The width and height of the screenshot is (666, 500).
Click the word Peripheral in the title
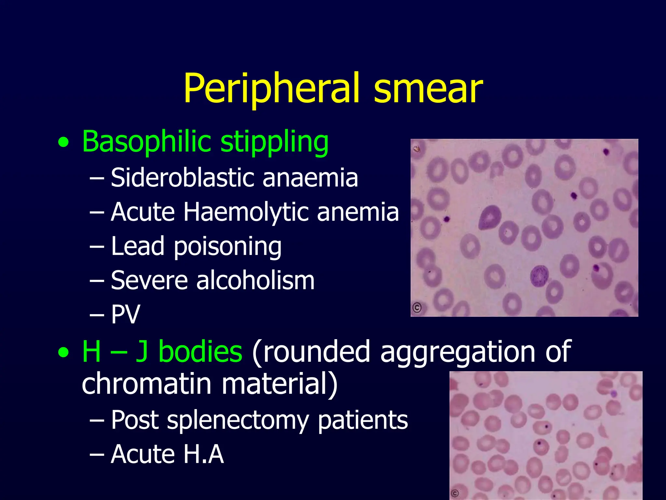[272, 89]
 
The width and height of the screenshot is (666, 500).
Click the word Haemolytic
[246, 212]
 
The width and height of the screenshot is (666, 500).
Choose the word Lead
[138, 246]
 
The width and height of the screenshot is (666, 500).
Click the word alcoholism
[255, 280]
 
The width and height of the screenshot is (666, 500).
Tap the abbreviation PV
[126, 314]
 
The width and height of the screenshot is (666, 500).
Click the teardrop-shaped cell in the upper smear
[489, 217]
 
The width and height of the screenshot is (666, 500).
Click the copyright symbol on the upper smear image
[417, 307]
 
